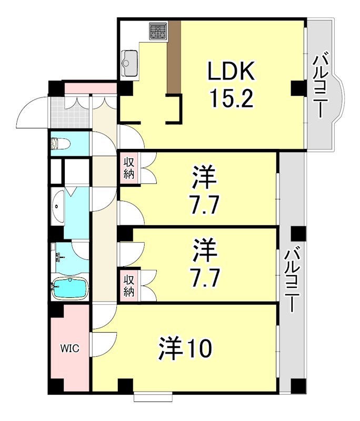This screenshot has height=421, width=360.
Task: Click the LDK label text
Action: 232,71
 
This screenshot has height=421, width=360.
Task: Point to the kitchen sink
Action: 129,63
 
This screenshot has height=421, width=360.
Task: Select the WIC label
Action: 69,348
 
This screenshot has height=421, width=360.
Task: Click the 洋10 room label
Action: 185,348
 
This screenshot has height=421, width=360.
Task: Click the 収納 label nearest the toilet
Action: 129,168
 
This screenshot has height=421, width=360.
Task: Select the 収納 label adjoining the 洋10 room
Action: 129,286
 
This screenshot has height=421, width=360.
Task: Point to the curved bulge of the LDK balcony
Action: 339,100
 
